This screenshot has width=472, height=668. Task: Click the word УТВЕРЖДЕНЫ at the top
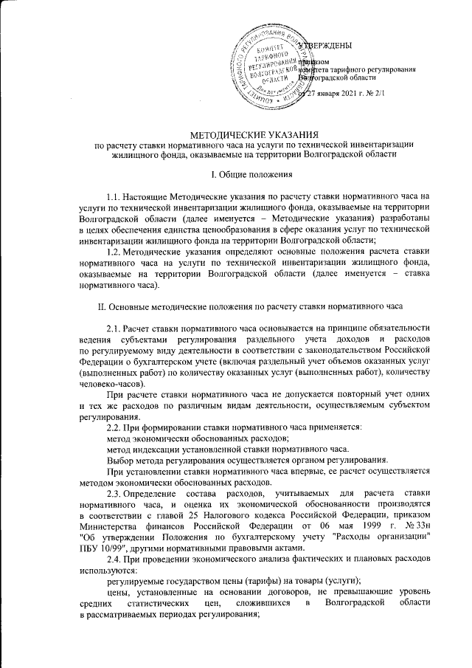(x=330, y=46)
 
